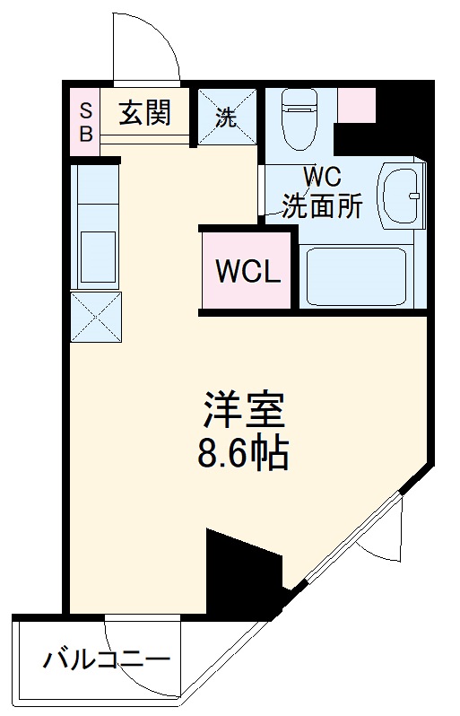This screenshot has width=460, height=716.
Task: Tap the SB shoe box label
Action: (x=86, y=121)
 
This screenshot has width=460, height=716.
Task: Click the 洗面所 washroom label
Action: (x=322, y=205)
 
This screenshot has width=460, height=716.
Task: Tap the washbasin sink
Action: (x=400, y=196)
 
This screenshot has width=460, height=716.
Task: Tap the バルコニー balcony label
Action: (x=107, y=664)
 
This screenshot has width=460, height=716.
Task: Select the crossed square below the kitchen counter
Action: (x=95, y=316)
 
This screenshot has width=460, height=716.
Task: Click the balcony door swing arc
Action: (x=135, y=650)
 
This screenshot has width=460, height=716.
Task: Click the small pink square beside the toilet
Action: (x=357, y=106)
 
